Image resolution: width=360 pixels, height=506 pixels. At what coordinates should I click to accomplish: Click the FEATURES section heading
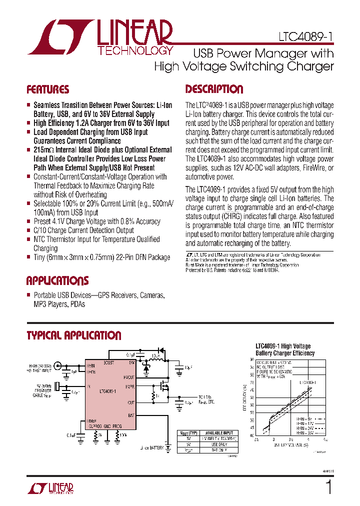coord(48,90)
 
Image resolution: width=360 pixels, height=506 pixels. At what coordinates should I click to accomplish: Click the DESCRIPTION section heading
coord(214,89)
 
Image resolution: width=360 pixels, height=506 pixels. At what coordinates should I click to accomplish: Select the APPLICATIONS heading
coord(57,280)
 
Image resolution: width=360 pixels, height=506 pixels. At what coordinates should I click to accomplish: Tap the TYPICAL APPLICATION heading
coord(74,335)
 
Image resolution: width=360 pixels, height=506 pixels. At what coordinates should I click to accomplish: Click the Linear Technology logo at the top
coord(100,37)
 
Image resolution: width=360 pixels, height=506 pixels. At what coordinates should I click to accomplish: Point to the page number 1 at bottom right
coord(328,487)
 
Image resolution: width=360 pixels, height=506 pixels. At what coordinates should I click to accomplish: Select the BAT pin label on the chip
coord(130,415)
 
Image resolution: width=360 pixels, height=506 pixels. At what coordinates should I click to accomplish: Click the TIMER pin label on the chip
coord(91,420)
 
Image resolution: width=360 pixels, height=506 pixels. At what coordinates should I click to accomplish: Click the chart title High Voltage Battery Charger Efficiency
coord(285,349)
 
